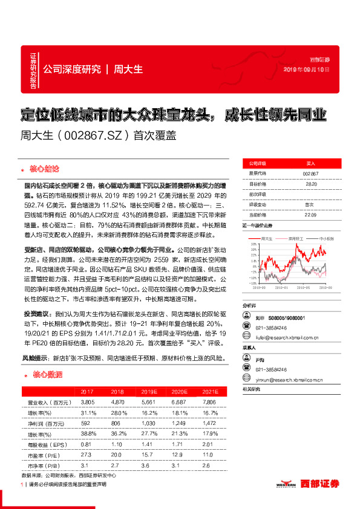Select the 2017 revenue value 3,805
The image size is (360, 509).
click(87, 401)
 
